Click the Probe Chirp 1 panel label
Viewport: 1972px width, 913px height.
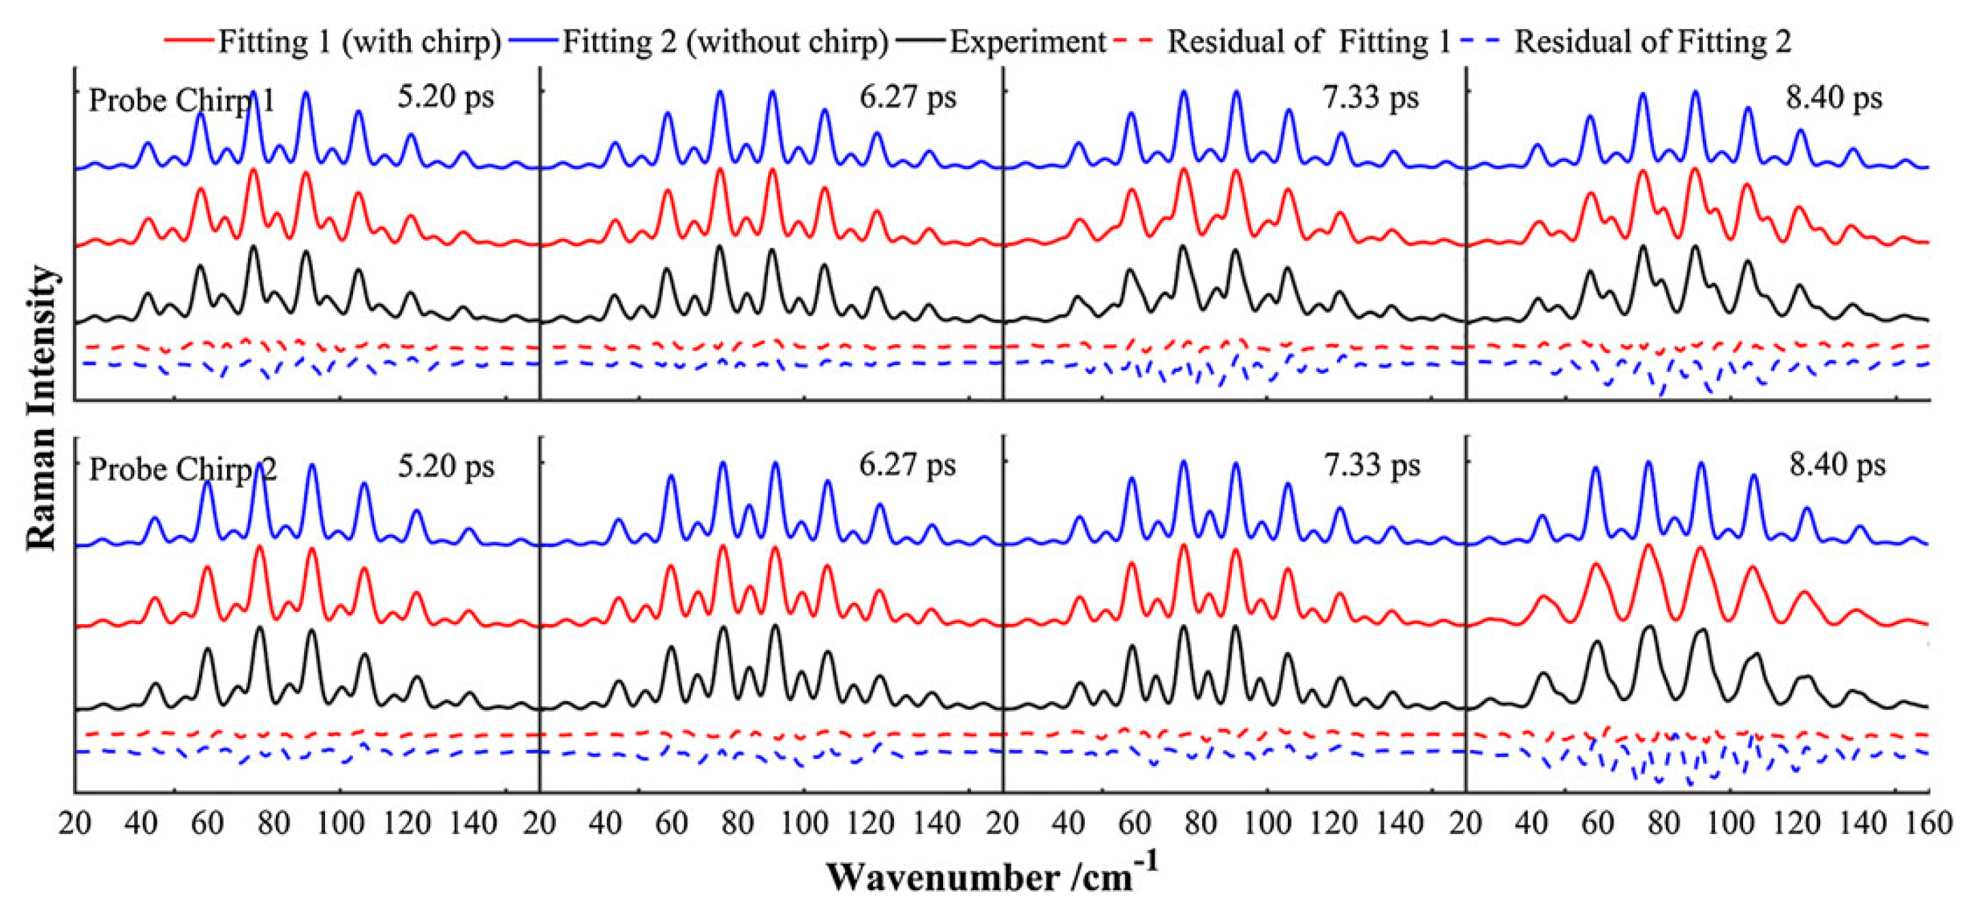coord(181,101)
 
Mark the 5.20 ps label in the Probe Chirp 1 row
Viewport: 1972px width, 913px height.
coord(446,97)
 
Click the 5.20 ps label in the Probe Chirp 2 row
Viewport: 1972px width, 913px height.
coord(446,466)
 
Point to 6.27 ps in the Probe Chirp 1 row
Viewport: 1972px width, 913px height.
coord(908,97)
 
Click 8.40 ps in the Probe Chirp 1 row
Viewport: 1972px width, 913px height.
coord(1834,98)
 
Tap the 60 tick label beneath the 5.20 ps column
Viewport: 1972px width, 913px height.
coord(207,824)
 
